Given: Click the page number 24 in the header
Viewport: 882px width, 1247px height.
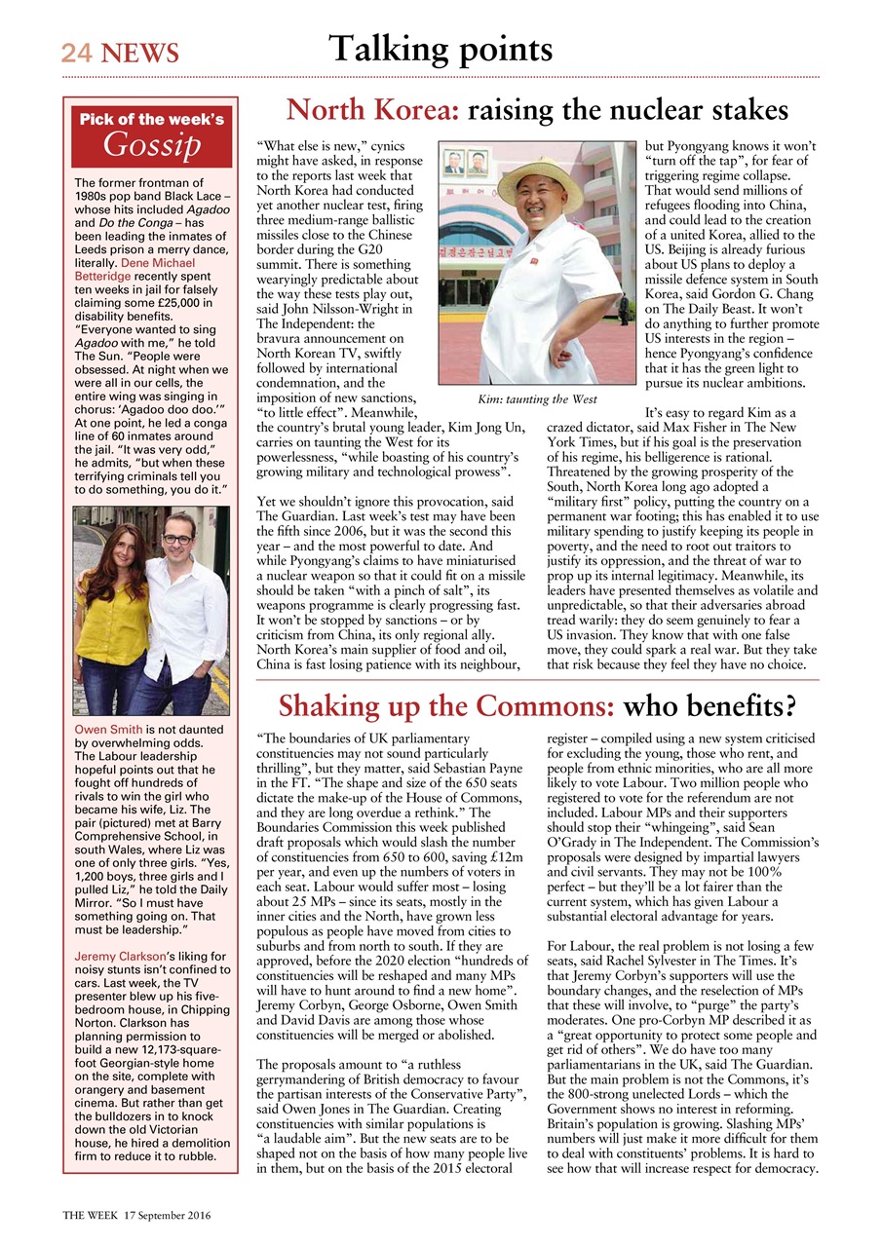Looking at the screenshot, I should (x=77, y=53).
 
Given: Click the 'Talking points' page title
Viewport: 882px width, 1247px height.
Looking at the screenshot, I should (x=441, y=49).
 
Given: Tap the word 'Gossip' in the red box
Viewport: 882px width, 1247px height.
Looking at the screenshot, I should (x=152, y=145).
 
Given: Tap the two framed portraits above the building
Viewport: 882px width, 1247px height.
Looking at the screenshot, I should (x=465, y=162).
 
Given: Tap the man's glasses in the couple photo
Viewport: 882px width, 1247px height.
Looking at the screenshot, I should (x=177, y=539).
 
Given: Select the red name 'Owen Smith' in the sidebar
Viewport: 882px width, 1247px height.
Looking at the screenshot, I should (x=109, y=730).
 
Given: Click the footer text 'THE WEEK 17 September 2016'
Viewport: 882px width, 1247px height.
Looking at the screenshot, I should (x=137, y=1216).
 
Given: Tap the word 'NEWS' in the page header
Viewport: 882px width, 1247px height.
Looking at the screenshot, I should (x=136, y=53).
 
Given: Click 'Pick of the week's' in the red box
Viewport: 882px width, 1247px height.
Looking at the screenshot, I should (x=151, y=120).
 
